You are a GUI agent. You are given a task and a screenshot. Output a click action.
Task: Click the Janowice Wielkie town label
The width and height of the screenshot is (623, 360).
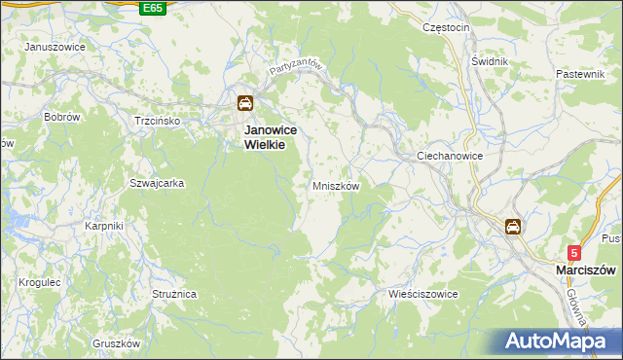tap(270, 136)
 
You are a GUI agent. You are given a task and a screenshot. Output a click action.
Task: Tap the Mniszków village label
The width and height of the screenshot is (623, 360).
tap(336, 186)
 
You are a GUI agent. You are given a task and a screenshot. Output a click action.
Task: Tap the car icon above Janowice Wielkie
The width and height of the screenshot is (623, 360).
tap(245, 103)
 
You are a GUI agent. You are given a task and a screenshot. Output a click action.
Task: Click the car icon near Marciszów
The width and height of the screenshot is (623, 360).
tap(512, 227)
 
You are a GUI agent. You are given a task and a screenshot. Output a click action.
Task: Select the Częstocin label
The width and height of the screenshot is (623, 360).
tap(446, 28)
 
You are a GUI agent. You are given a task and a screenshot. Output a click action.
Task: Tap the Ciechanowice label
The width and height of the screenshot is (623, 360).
tap(450, 156)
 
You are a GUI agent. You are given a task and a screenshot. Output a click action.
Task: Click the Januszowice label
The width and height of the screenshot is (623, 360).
tap(54, 47)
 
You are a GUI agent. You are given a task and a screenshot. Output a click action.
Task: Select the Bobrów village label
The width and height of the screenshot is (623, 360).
tap(61, 117)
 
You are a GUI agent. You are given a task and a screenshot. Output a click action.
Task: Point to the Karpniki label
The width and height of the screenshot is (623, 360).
tap(103, 226)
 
